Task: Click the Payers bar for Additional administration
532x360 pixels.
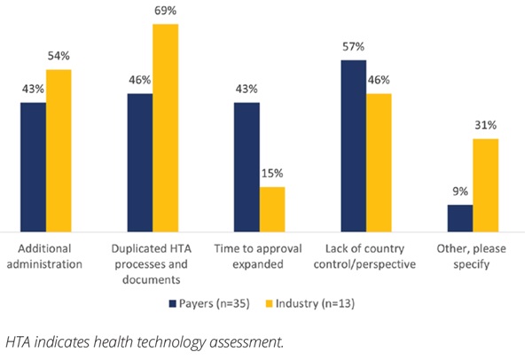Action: pyautogui.click(x=33, y=166)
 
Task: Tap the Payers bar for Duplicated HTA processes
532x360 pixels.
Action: pyautogui.click(x=140, y=161)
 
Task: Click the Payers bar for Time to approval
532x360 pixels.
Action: pyautogui.click(x=246, y=166)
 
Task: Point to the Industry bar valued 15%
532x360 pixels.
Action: pyautogui.click(x=272, y=208)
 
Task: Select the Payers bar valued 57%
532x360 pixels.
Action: pyautogui.click(x=354, y=145)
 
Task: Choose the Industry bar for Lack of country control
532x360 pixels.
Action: pyautogui.click(x=379, y=161)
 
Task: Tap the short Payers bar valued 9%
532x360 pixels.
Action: pyautogui.click(x=460, y=217)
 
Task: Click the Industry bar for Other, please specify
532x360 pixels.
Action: pyautogui.click(x=485, y=184)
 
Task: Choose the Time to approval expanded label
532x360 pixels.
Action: pyautogui.click(x=259, y=255)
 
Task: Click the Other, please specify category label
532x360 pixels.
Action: pyautogui.click(x=473, y=255)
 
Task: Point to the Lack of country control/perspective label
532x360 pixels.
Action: pyautogui.click(x=366, y=255)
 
